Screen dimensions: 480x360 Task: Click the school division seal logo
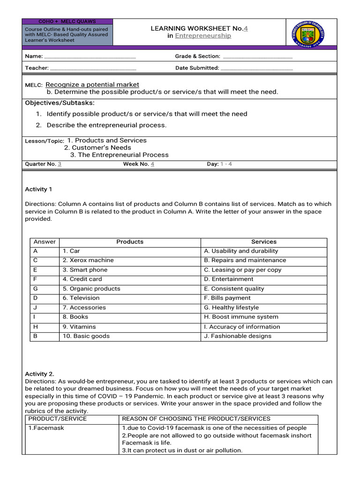pyautogui.click(x=308, y=33)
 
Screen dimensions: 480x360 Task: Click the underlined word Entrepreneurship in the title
pyautogui.click(x=203, y=36)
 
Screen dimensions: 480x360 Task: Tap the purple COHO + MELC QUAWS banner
pyautogui.click(x=67, y=22)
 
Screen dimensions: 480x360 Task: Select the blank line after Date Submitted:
pyautogui.click(x=256, y=68)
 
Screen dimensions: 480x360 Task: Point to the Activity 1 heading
pyautogui.click(x=38, y=189)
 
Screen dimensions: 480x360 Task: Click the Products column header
pyautogui.click(x=130, y=242)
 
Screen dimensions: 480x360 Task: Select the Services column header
pyautogui.click(x=263, y=242)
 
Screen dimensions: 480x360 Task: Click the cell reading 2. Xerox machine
pyautogui.click(x=88, y=261)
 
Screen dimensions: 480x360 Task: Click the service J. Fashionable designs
pyautogui.click(x=238, y=336)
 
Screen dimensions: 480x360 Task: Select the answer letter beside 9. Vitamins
pyautogui.click(x=36, y=327)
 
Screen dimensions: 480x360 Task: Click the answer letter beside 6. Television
pyautogui.click(x=36, y=298)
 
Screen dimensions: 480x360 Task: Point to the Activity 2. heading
pyautogui.click(x=39, y=374)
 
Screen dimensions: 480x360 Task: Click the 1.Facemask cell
pyautogui.click(x=46, y=428)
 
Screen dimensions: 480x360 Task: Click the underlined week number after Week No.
pyautogui.click(x=152, y=164)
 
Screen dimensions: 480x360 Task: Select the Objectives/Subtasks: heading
pyautogui.click(x=60, y=103)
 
